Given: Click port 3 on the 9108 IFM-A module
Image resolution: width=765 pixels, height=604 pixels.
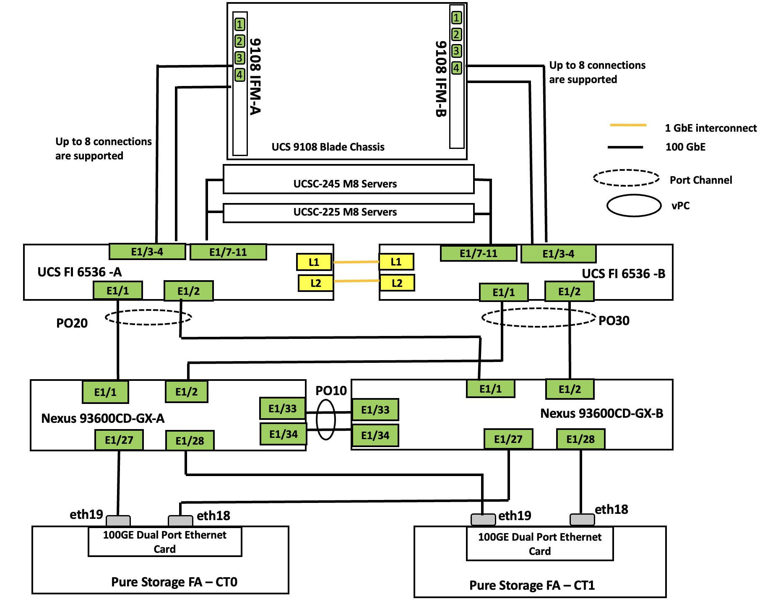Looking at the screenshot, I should pos(239,58).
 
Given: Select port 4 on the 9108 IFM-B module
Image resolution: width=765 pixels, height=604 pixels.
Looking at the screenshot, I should pos(457,68).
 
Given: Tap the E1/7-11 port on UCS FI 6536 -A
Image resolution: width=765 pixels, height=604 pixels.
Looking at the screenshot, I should pos(228,252).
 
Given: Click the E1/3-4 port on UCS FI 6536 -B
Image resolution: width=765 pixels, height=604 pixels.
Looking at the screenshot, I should pos(558,254).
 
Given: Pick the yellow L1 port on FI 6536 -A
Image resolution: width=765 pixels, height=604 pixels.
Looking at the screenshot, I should pos(314,262).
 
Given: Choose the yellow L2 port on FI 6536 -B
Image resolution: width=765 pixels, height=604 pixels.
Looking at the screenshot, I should pos(397,283).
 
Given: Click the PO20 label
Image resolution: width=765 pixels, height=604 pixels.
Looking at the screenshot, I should pos(72,323).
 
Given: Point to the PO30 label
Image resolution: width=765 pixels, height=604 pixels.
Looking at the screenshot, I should pos(614,320).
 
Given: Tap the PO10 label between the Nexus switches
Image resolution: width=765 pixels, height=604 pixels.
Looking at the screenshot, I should pos(331,391).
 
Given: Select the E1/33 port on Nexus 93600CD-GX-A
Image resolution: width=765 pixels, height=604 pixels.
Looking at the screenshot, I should pos(282,409).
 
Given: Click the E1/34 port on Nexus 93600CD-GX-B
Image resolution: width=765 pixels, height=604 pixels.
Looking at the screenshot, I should pos(375,435).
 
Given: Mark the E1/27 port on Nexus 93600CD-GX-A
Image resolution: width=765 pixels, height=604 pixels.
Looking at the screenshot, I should pos(119,440).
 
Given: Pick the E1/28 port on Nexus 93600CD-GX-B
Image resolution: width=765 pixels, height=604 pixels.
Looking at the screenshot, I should pos(580,439).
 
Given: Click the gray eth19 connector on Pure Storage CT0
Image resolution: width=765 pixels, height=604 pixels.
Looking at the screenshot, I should pos(118,521).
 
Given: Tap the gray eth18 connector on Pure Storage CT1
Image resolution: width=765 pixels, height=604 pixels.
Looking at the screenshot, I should pos(582,519).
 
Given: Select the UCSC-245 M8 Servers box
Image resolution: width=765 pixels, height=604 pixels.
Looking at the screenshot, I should pos(348,180).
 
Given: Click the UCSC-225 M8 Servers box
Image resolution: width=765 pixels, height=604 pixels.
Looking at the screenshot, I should pos(348,213).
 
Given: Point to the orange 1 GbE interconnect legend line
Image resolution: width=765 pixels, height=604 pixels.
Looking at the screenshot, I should pos(628,125).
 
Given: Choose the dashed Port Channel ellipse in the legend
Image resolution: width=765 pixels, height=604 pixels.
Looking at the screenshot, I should pos(626,178).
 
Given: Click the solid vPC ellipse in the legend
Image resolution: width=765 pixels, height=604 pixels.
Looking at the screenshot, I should pos(634,206).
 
